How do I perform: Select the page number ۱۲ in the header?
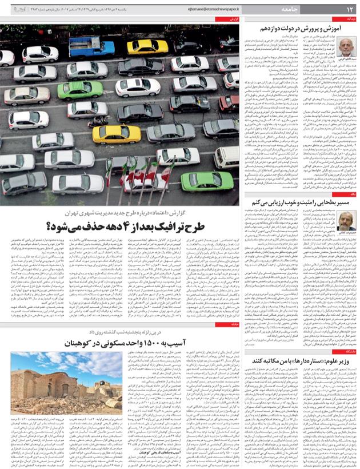point(350,10)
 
